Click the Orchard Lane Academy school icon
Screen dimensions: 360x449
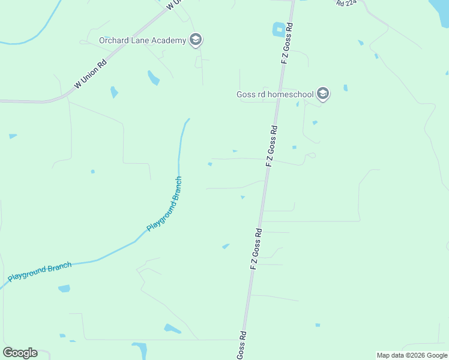[x=195, y=40]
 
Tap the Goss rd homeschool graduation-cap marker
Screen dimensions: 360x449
[x=323, y=94]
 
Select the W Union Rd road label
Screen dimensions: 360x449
[x=90, y=73]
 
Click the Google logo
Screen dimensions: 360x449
[x=20, y=352]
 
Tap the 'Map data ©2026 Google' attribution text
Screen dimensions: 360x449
[x=412, y=355]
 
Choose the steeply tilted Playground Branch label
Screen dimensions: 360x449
[x=164, y=205]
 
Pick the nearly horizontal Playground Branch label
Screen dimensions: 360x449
[x=40, y=272]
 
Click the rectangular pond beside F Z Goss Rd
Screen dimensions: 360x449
[x=279, y=29]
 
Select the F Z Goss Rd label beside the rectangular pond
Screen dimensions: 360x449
[x=286, y=43]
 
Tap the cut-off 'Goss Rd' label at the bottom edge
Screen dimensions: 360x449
[x=241, y=346]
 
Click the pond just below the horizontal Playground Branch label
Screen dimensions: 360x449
[x=64, y=289]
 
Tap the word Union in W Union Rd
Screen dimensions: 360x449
[x=92, y=72]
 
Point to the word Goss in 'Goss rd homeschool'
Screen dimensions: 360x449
[x=247, y=94]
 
